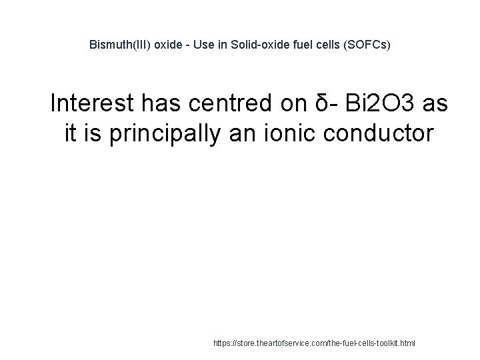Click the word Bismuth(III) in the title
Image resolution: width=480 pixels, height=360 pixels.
pyautogui.click(x=117, y=46)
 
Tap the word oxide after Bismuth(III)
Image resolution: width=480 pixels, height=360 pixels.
pyautogui.click(x=162, y=46)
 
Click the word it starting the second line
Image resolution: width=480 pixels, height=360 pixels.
pyautogui.click(x=73, y=133)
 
